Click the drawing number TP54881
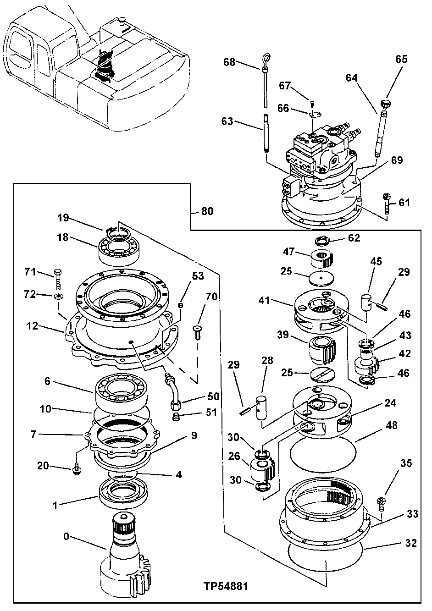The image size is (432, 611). tap(227, 586)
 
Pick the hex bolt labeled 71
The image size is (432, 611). tap(57, 279)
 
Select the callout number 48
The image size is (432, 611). tap(392, 425)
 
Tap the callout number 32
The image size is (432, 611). tap(411, 543)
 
